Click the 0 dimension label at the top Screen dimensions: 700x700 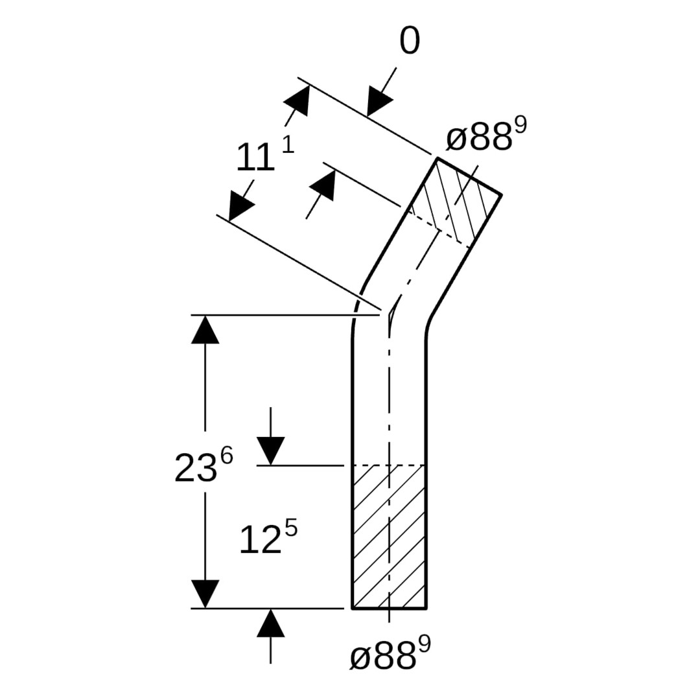point(410,41)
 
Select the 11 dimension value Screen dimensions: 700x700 point(255,157)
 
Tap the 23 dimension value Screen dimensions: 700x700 point(196,468)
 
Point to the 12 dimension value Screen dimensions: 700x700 point(261,540)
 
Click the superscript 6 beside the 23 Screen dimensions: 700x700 point(227,457)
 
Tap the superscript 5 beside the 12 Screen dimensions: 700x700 point(290,530)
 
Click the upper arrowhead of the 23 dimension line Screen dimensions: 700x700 point(205,329)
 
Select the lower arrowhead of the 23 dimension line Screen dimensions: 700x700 point(205,594)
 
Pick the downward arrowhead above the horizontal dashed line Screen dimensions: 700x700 point(270,451)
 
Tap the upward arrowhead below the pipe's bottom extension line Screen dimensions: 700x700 point(270,624)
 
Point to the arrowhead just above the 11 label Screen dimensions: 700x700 point(296,100)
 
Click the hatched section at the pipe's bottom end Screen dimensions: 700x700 point(390,537)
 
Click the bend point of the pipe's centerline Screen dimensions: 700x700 point(390,316)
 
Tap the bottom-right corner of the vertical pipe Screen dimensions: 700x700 point(426,608)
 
